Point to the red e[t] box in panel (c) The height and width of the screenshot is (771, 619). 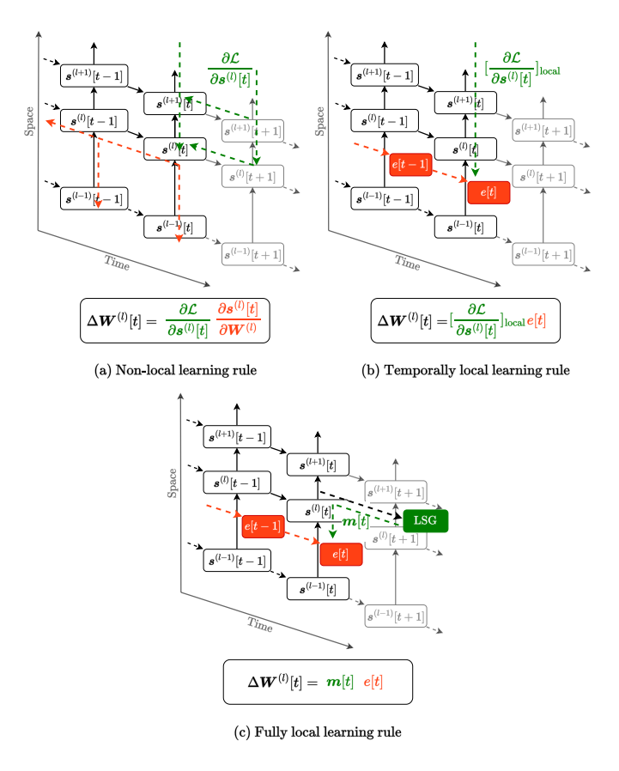pyautogui.click(x=341, y=554)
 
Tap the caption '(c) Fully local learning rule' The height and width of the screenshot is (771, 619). pyautogui.click(x=318, y=732)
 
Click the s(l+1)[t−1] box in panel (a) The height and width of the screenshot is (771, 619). pyautogui.click(x=94, y=76)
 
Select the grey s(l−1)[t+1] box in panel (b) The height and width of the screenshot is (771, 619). pyautogui.click(x=543, y=255)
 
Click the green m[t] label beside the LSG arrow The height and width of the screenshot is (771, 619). pyautogui.click(x=355, y=523)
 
